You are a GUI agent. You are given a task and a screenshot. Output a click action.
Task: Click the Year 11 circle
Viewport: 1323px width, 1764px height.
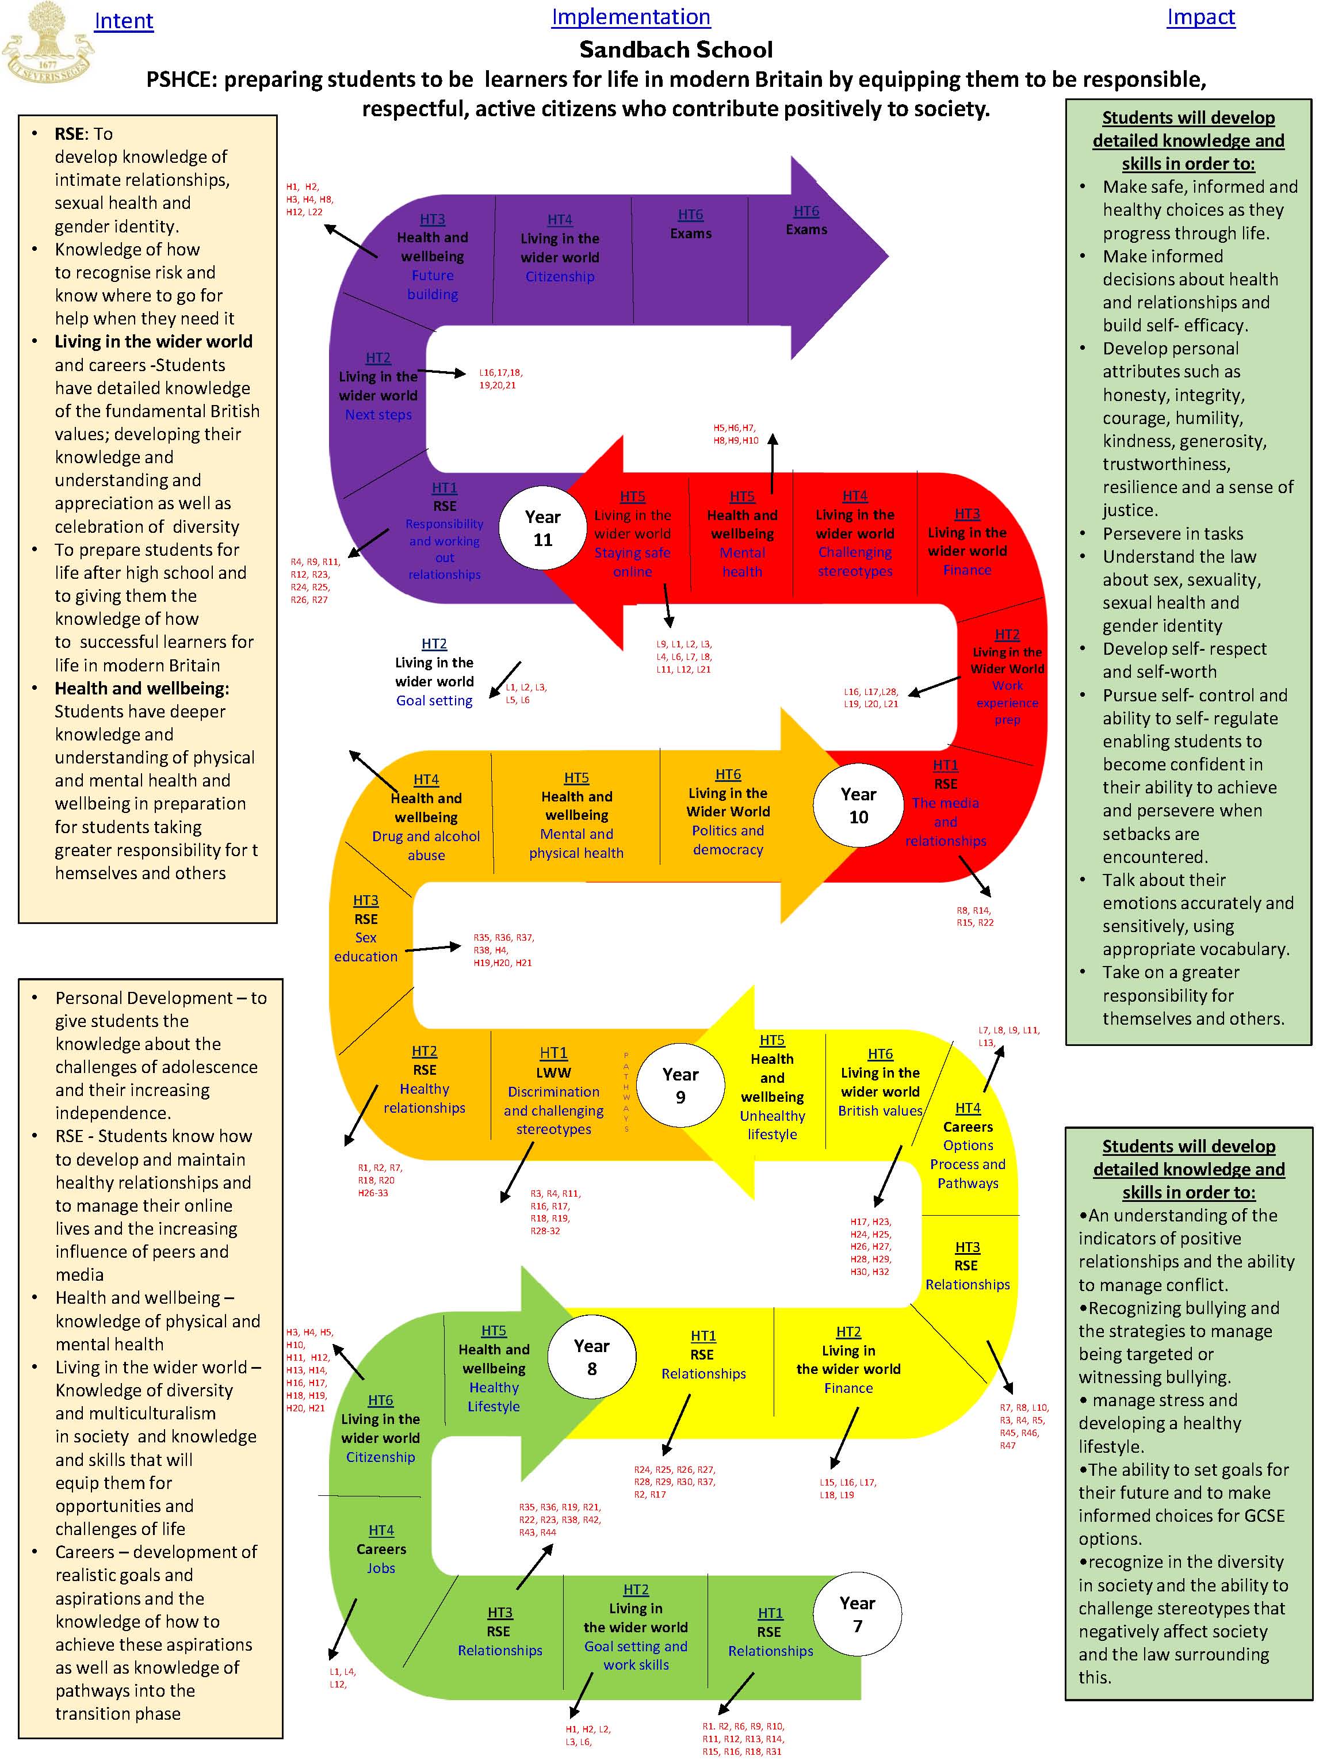point(543,528)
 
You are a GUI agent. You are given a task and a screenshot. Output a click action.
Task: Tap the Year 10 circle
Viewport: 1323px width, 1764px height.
point(858,805)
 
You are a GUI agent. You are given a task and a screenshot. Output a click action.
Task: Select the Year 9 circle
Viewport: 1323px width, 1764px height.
point(680,1085)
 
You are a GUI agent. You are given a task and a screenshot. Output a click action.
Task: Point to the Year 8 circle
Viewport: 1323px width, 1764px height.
point(592,1357)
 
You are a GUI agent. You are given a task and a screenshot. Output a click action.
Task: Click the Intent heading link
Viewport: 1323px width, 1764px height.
point(124,21)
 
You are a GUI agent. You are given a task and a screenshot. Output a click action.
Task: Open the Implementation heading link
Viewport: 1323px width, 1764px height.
point(631,17)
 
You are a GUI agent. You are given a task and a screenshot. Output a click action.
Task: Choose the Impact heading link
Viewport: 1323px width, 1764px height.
point(1200,17)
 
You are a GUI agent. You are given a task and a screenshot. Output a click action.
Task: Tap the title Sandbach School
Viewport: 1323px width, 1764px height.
point(675,49)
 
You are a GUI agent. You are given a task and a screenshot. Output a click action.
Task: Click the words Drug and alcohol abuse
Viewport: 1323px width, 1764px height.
point(426,845)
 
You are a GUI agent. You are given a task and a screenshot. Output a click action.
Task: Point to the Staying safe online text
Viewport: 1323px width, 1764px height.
point(632,562)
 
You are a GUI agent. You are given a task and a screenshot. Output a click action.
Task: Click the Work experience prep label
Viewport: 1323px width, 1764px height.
point(1007,702)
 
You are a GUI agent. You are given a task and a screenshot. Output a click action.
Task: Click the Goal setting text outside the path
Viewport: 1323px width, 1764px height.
point(435,700)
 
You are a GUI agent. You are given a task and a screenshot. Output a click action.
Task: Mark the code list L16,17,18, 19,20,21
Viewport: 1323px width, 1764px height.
point(500,378)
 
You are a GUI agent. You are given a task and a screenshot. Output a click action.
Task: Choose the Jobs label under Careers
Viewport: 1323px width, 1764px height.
point(381,1568)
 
